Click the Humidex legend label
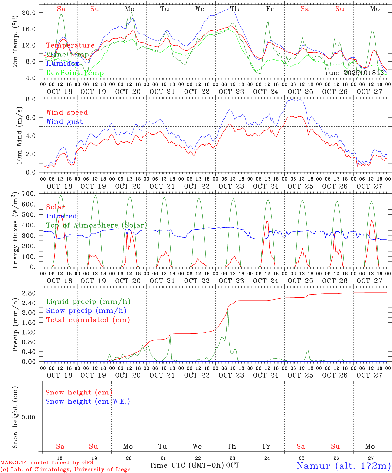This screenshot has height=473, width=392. click(x=62, y=64)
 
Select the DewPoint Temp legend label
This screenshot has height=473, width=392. click(x=75, y=73)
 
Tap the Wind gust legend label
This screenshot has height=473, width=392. click(x=64, y=122)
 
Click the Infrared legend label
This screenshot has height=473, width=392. click(x=61, y=216)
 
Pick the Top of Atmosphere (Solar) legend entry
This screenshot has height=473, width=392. click(x=97, y=225)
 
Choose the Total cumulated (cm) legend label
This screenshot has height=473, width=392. click(x=88, y=320)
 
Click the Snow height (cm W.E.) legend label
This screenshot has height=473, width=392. click(x=88, y=401)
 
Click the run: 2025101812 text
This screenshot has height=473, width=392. click(x=355, y=73)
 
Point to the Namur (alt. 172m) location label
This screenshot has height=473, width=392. click(x=343, y=466)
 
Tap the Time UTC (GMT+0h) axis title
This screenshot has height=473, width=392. click(x=187, y=465)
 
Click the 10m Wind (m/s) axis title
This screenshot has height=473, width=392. click(x=19, y=135)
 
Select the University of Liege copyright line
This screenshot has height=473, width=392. click(x=65, y=470)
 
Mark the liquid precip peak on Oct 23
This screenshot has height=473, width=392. click(x=228, y=308)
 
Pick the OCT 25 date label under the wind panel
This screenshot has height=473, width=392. click(x=300, y=186)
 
